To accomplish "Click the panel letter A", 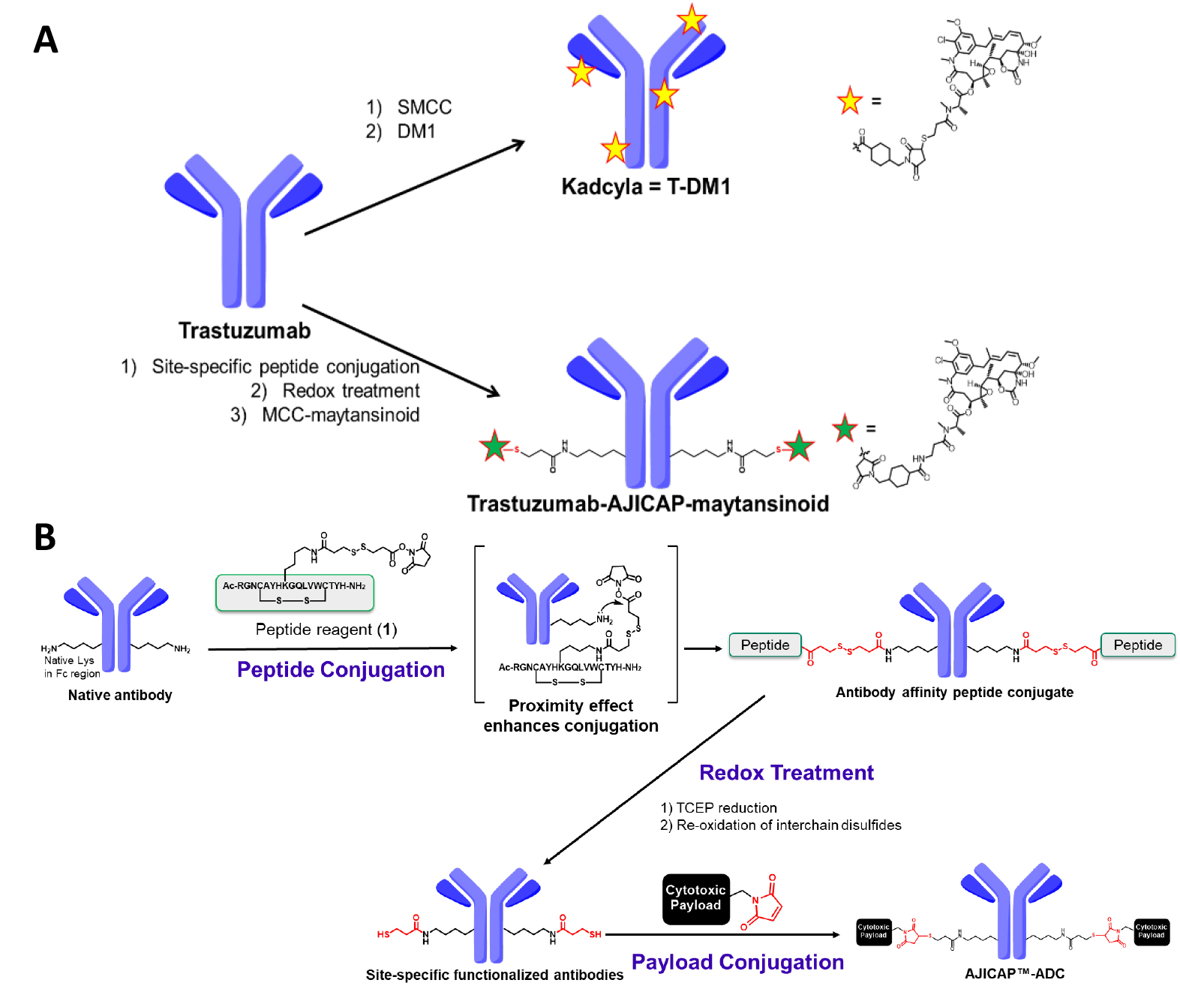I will click(x=46, y=40).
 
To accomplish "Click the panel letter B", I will click(x=45, y=537).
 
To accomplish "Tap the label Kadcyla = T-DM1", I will click(x=646, y=186).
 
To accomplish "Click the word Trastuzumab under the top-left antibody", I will click(x=245, y=330).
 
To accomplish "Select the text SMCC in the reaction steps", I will click(x=424, y=107).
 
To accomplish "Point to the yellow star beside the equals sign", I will click(x=850, y=101).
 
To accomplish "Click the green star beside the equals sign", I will click(x=845, y=428).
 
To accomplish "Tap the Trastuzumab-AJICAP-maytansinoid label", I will click(x=648, y=504).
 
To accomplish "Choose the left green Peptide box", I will click(x=765, y=645).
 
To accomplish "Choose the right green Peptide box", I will click(x=1137, y=645).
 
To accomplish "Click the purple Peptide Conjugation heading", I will click(x=341, y=669).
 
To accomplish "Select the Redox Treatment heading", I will click(x=786, y=772).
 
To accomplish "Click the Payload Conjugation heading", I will click(x=737, y=962).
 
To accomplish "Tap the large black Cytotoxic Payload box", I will click(x=695, y=898).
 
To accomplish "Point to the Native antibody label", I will click(x=120, y=695).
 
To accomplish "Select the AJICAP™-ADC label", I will click(x=1014, y=973).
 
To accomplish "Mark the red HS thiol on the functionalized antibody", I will click(x=383, y=934).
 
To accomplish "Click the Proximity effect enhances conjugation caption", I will click(x=571, y=716).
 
